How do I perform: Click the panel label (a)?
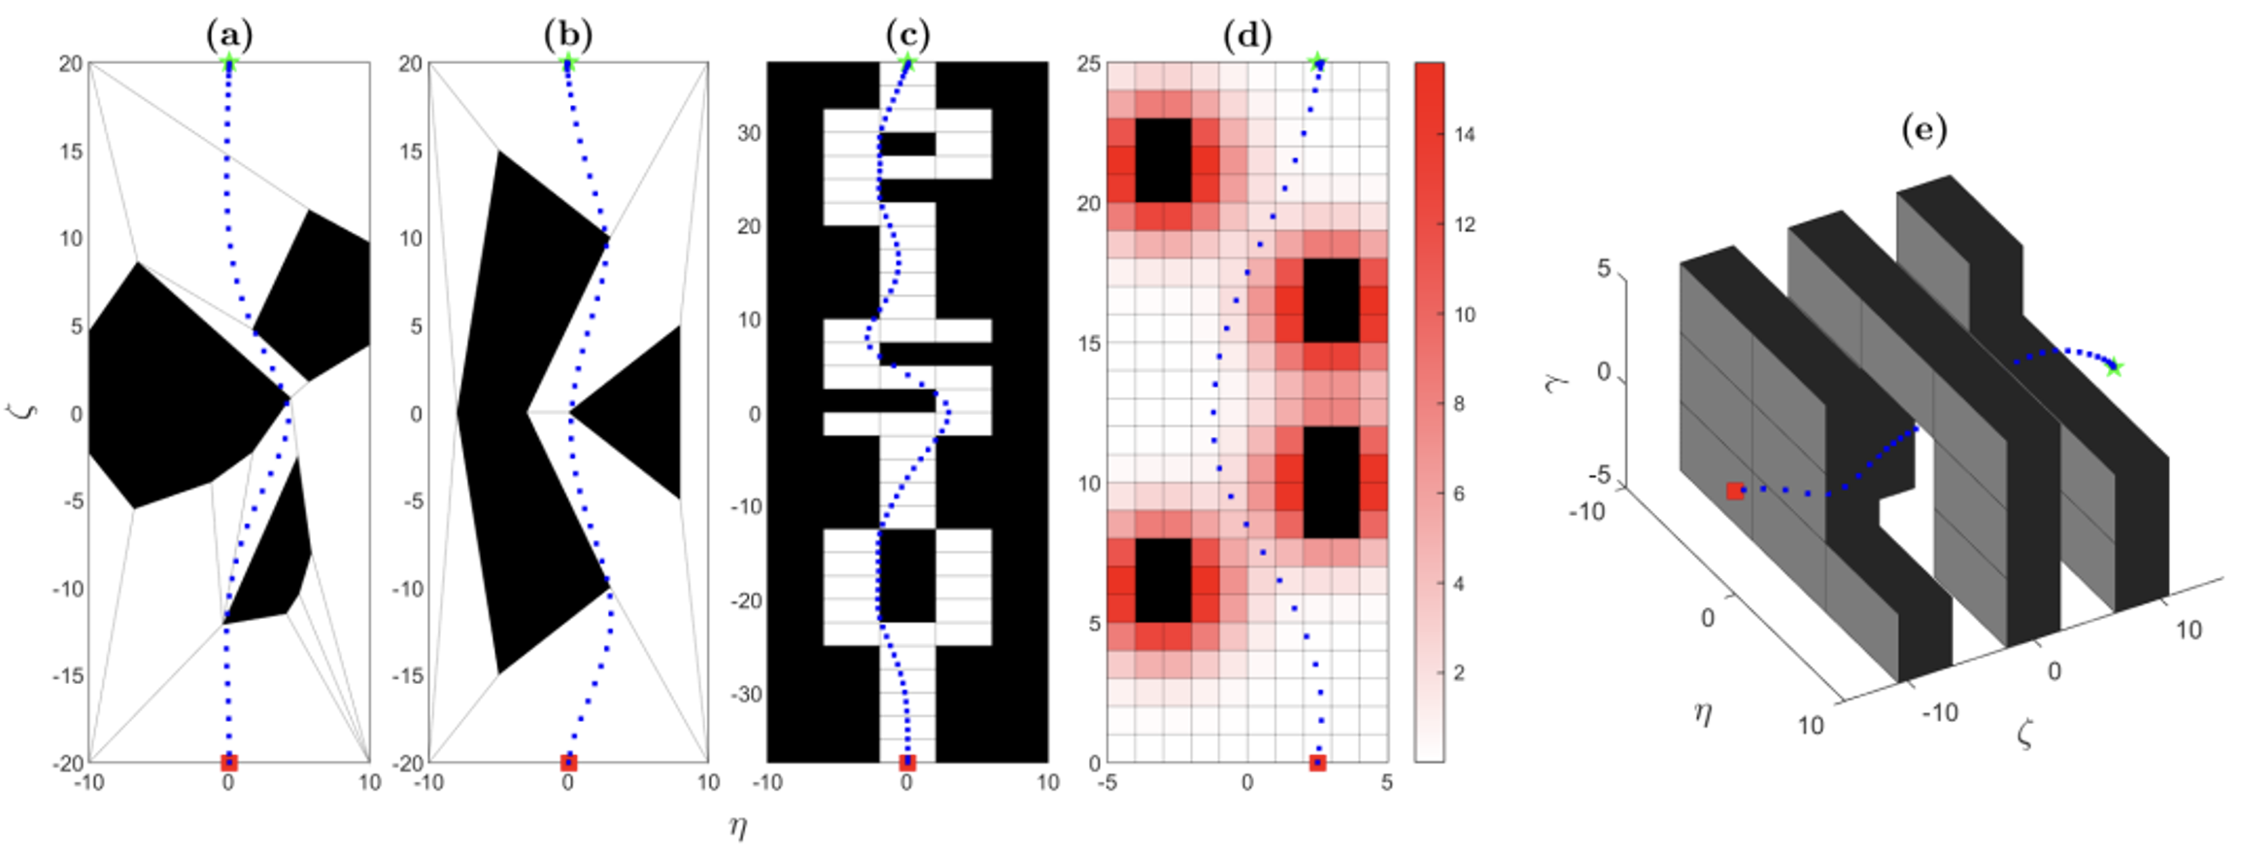point(229,36)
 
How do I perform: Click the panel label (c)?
point(907,36)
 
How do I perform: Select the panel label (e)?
point(1923,131)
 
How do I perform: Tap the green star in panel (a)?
point(229,64)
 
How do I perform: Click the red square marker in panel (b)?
point(568,763)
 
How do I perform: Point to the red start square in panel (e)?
point(1735,491)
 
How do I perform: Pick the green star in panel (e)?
point(2114,367)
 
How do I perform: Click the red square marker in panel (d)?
point(1317,763)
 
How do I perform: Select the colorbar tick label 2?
point(1459,672)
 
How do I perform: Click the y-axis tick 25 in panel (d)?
point(1089,64)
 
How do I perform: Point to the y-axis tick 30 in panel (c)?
point(748,133)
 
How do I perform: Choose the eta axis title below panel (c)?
point(738,827)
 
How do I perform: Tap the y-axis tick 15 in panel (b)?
point(410,152)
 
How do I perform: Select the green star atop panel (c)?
point(907,64)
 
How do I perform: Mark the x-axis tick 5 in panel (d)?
point(1386,782)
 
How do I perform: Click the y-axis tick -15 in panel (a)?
point(68,676)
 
